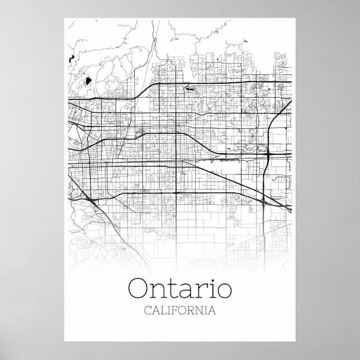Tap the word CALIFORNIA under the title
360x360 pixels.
pos(180,309)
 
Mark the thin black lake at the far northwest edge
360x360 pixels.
pos(72,58)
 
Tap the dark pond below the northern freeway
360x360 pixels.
pos(190,89)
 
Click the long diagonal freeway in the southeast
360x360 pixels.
pos(235,179)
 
